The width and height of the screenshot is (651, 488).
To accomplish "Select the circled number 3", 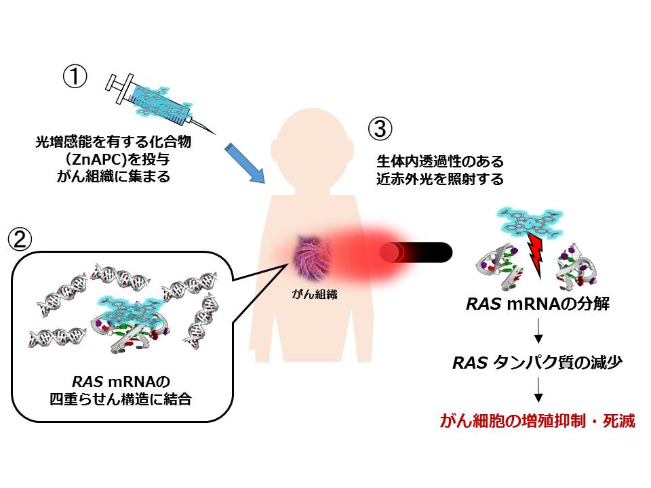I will (379, 129).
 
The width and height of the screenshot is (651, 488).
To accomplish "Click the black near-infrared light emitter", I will (416, 253).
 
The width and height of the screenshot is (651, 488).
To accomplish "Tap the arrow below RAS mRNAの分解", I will (538, 331).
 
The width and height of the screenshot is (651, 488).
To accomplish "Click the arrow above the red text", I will (538, 390).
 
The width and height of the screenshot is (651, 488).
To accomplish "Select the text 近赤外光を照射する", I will (441, 180).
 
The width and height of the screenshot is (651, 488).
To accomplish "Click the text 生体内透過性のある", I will (441, 163).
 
